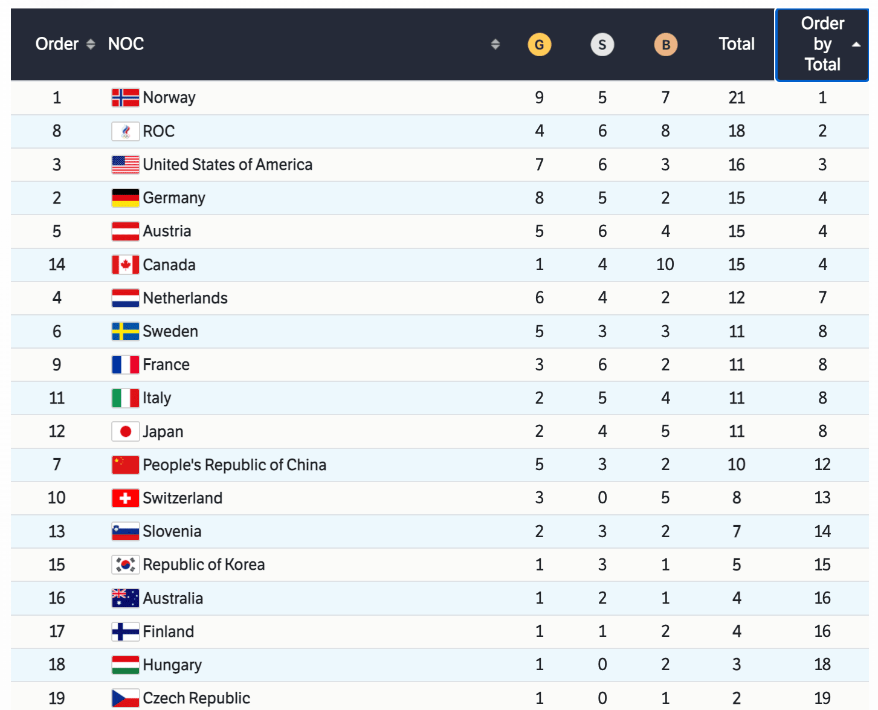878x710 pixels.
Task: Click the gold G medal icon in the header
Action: click(539, 44)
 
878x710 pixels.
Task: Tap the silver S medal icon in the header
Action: click(602, 44)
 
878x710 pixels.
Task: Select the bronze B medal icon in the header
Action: click(665, 44)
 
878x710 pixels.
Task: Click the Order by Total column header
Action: click(822, 44)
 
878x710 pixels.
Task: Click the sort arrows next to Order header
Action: click(91, 44)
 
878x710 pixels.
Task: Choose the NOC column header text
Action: click(126, 44)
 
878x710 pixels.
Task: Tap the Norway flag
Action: click(125, 98)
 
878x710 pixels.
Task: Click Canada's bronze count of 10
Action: click(665, 265)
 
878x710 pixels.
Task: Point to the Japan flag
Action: click(125, 431)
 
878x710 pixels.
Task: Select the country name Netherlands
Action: click(185, 298)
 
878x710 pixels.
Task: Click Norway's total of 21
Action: click(736, 98)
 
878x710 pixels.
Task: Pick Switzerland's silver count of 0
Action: click(602, 498)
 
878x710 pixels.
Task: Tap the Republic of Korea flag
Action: click(125, 564)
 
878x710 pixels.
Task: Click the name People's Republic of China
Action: click(234, 465)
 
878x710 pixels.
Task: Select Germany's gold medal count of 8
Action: click(539, 198)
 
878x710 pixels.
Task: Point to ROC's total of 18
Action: click(736, 131)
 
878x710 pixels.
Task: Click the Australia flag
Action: click(125, 598)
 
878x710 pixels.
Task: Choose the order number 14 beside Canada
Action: click(57, 265)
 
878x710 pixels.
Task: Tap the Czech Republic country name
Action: click(196, 698)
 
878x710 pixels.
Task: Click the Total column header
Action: click(736, 44)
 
